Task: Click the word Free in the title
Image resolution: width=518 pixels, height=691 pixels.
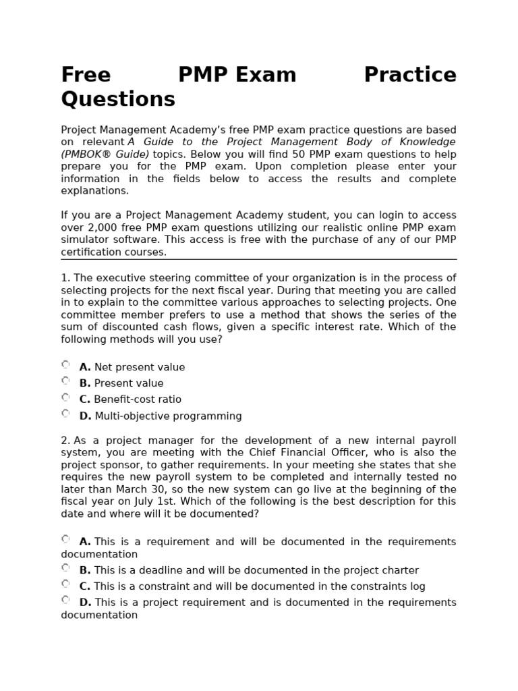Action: pos(86,75)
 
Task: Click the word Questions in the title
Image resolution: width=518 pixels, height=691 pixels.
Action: pos(118,99)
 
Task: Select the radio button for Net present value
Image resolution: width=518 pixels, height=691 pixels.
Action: pos(65,365)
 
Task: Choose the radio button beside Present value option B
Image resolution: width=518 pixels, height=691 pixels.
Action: pos(65,381)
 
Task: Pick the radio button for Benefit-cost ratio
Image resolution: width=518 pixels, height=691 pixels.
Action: pos(65,397)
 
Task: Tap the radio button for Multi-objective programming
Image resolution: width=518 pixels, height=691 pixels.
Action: pos(65,414)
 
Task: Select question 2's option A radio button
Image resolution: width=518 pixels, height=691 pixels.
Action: pos(65,539)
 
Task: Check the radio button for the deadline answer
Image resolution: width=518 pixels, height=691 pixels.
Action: pos(65,568)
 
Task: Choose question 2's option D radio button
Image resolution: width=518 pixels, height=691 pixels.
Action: pos(65,600)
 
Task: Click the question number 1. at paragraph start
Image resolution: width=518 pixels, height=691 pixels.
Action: pos(65,278)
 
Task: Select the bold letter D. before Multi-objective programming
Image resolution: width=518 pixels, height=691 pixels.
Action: pos(85,416)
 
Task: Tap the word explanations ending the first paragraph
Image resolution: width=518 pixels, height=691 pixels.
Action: pos(94,191)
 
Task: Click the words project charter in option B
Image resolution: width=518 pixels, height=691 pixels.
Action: pos(385,570)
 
